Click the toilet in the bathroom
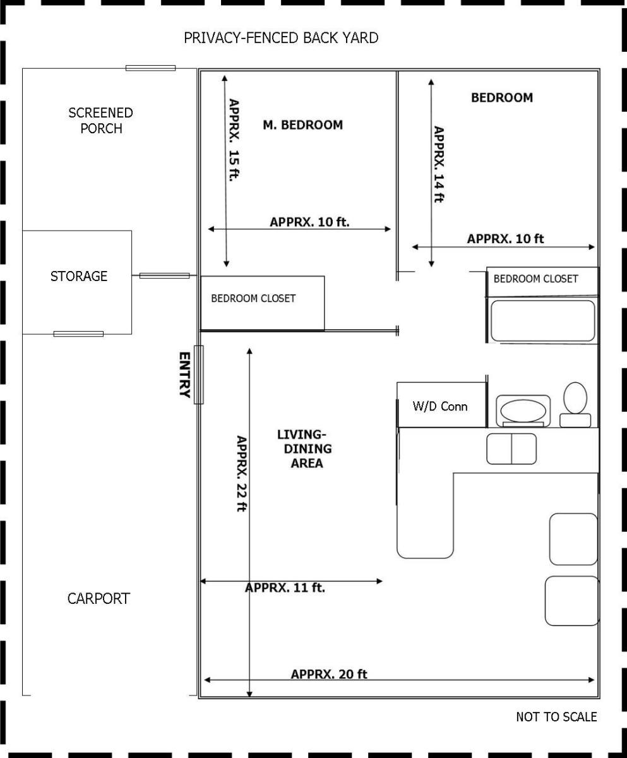(x=575, y=404)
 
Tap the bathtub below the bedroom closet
(x=543, y=320)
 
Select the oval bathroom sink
(x=523, y=411)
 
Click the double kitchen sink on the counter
(x=511, y=448)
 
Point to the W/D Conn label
(x=439, y=406)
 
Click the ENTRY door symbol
(x=198, y=375)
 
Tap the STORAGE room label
(x=79, y=276)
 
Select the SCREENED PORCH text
(x=101, y=121)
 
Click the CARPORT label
(x=99, y=599)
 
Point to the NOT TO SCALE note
(x=556, y=716)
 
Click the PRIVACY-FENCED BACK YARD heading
(x=281, y=38)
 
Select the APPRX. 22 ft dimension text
(x=242, y=473)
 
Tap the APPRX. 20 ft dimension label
(x=329, y=674)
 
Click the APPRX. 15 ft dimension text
(x=234, y=140)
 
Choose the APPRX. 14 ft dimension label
(x=439, y=164)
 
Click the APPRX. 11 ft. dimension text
(x=285, y=587)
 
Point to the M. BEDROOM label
(x=303, y=125)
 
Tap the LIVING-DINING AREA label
(x=305, y=448)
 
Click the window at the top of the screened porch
(x=150, y=68)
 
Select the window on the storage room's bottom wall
(x=78, y=334)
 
